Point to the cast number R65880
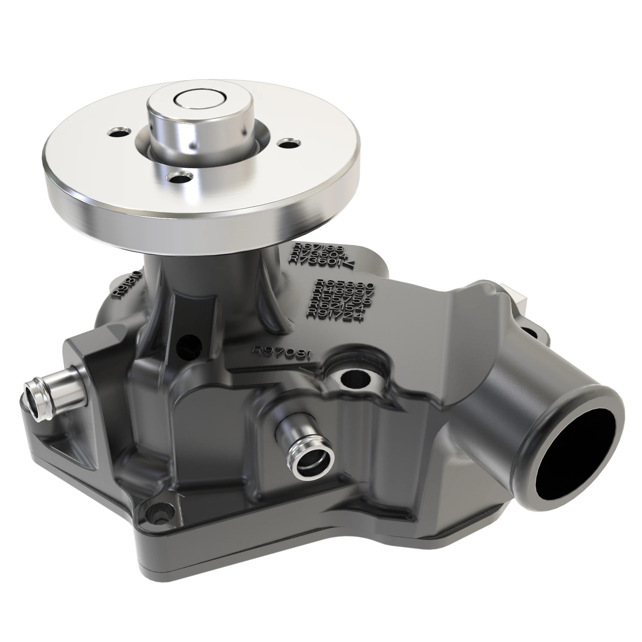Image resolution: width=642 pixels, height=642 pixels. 345,284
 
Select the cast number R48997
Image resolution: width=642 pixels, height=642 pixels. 346,292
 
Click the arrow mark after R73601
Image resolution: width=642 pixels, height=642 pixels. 350,264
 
